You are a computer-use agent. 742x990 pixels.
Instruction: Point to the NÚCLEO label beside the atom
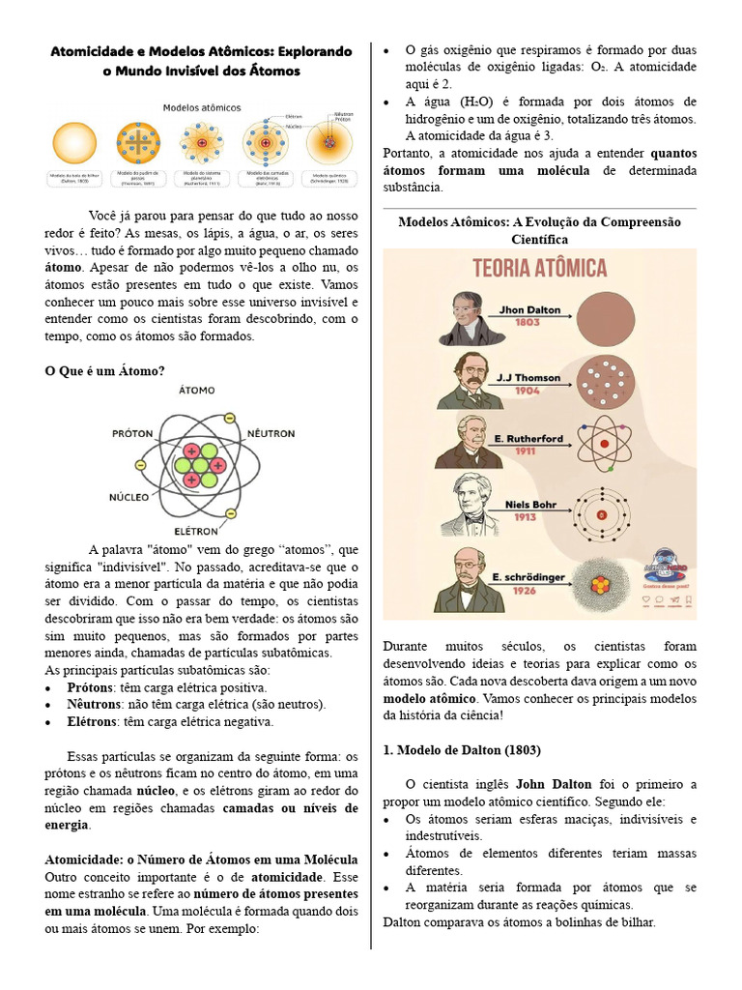click(x=129, y=496)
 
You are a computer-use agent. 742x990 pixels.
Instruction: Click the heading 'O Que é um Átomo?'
click(x=105, y=371)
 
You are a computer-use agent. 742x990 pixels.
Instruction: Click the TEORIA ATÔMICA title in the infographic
click(x=539, y=268)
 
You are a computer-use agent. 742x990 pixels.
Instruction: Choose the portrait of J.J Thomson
click(x=470, y=379)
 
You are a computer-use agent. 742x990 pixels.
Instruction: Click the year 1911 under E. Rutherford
click(x=525, y=451)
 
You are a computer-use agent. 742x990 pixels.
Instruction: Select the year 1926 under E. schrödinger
click(x=525, y=590)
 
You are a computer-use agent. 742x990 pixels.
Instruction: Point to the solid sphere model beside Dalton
click(x=617, y=317)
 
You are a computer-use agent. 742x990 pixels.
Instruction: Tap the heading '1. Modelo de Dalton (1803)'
click(x=462, y=750)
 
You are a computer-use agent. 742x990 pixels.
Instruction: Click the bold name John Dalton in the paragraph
click(x=554, y=784)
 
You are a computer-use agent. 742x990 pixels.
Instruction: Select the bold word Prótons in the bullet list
click(x=90, y=686)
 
